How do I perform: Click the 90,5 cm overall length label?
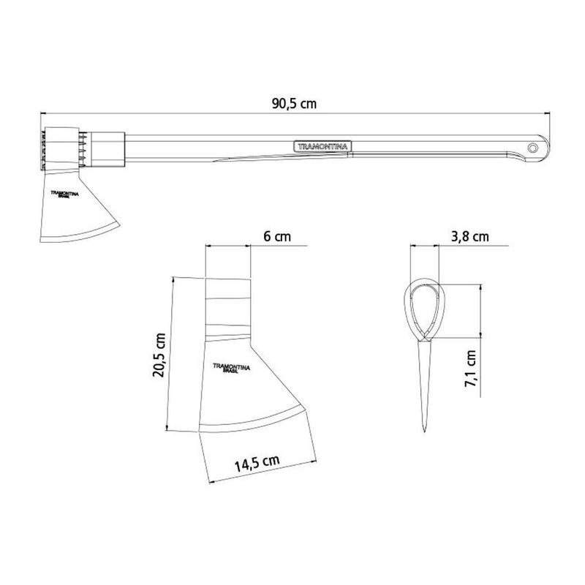tap(294, 104)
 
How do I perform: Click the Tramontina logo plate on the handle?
tap(322, 146)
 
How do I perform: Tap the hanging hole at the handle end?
tap(535, 148)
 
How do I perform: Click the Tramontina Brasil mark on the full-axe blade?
tap(64, 195)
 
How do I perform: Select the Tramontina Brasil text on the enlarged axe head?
tap(231, 368)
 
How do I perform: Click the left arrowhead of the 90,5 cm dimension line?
tap(43, 114)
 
